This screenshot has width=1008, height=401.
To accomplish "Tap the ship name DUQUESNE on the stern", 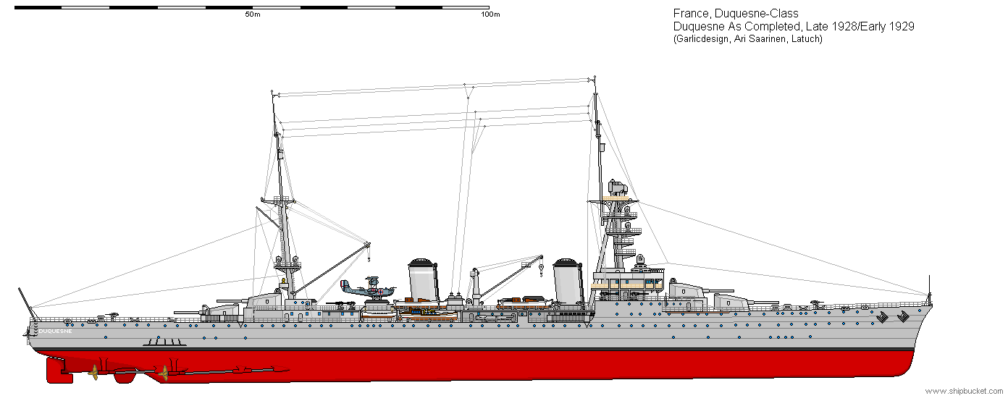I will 55,331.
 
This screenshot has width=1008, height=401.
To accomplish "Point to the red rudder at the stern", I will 58,370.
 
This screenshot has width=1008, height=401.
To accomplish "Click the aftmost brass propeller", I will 94,372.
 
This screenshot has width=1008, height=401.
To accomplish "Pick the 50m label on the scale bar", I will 252,14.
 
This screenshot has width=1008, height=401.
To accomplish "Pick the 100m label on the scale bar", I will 490,14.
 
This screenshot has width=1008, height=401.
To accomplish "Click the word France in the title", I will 690,14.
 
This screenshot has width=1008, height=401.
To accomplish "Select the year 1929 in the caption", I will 902,27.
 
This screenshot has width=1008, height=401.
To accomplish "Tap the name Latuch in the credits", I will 806,39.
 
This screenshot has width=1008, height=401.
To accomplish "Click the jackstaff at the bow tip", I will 929,288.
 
